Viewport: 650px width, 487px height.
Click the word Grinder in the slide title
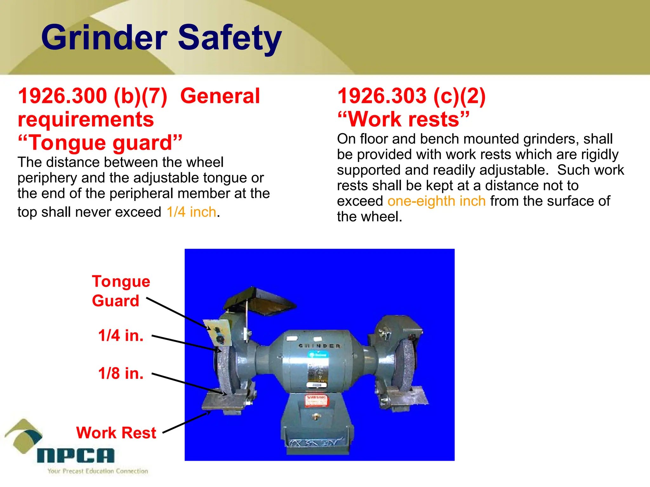(x=104, y=38)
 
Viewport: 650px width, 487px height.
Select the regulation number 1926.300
(x=63, y=96)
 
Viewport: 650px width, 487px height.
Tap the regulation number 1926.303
(x=382, y=96)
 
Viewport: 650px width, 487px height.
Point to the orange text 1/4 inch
(x=191, y=212)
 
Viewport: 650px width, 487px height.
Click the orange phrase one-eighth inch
(x=436, y=201)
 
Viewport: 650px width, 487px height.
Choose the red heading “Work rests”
(x=403, y=119)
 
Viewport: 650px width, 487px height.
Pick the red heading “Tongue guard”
(x=100, y=142)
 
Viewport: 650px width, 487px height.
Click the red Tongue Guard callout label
(x=121, y=291)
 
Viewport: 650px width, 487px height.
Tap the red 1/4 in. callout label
(x=121, y=335)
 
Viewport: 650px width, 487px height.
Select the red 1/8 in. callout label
(x=121, y=373)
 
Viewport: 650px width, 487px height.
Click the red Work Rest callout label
(x=116, y=433)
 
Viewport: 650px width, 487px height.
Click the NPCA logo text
(x=76, y=456)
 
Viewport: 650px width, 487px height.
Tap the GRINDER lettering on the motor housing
(x=319, y=346)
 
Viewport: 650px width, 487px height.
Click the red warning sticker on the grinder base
(x=315, y=400)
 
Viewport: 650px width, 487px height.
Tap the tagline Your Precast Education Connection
(x=98, y=471)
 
